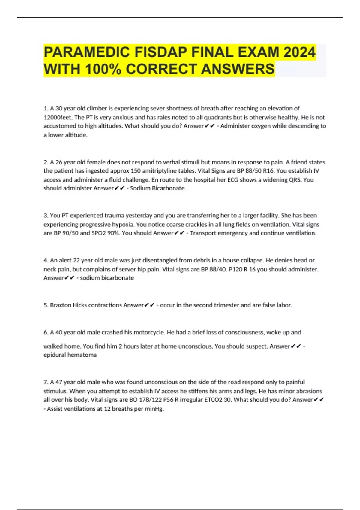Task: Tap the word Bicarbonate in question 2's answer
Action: [x=168, y=188]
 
